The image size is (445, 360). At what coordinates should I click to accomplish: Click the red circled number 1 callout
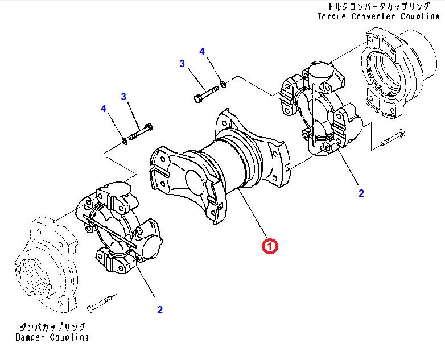[x=269, y=246]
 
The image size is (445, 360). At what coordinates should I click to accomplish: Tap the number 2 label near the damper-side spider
[x=160, y=309]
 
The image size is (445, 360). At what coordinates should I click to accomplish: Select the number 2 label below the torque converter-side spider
[x=361, y=193]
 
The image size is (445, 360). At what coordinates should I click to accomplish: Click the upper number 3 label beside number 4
[x=183, y=64]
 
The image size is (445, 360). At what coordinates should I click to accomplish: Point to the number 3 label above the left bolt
[x=123, y=97]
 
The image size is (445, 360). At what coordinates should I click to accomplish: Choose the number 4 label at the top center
[x=202, y=52]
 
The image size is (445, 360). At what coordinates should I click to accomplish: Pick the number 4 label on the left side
[x=103, y=108]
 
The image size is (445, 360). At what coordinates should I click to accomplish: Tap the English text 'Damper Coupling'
[x=52, y=337]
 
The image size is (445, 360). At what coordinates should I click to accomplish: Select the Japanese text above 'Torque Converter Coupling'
[x=378, y=6]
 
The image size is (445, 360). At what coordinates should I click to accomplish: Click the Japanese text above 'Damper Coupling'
[x=52, y=327]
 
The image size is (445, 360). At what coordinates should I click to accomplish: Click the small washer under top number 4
[x=224, y=84]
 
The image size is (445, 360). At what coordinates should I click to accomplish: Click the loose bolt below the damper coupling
[x=102, y=304]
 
